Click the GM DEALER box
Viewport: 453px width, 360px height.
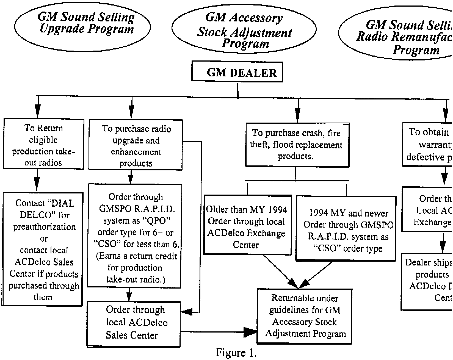coord(237,72)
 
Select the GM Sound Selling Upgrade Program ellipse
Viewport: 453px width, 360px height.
coord(82,26)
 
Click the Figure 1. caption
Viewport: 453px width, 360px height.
coord(236,353)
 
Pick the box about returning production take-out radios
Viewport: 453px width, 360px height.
coord(43,144)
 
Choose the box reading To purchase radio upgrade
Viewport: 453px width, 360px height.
coord(136,145)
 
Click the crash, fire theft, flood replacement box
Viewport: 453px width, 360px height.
coord(297,145)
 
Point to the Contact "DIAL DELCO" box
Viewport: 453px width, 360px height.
coord(43,249)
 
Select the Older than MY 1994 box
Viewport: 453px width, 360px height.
coord(247,225)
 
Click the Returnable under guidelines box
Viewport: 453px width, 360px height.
coord(305,316)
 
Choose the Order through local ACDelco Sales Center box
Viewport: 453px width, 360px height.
coord(134,324)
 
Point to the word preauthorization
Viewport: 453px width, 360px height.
coord(44,227)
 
